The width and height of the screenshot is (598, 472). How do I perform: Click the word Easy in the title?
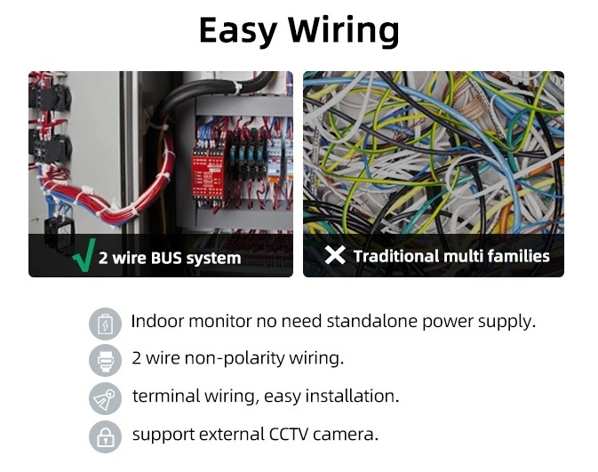click(x=237, y=31)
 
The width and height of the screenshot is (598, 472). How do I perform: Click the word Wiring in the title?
click(x=343, y=31)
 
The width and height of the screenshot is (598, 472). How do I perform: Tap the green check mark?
click(x=84, y=256)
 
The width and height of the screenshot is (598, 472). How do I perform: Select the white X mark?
click(x=335, y=255)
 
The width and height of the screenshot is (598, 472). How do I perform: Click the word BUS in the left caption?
click(x=166, y=258)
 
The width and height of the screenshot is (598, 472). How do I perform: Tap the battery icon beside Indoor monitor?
click(x=105, y=324)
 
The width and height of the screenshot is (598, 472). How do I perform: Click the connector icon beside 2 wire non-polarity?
click(x=105, y=360)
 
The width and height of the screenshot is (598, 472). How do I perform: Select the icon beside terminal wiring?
click(x=105, y=398)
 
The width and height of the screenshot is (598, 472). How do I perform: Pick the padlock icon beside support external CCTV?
click(x=105, y=436)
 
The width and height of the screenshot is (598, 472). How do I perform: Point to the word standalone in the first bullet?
click(x=371, y=321)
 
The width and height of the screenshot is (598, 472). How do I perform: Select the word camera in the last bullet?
click(x=346, y=435)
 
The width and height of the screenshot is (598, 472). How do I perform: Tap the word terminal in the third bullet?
click(x=166, y=396)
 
